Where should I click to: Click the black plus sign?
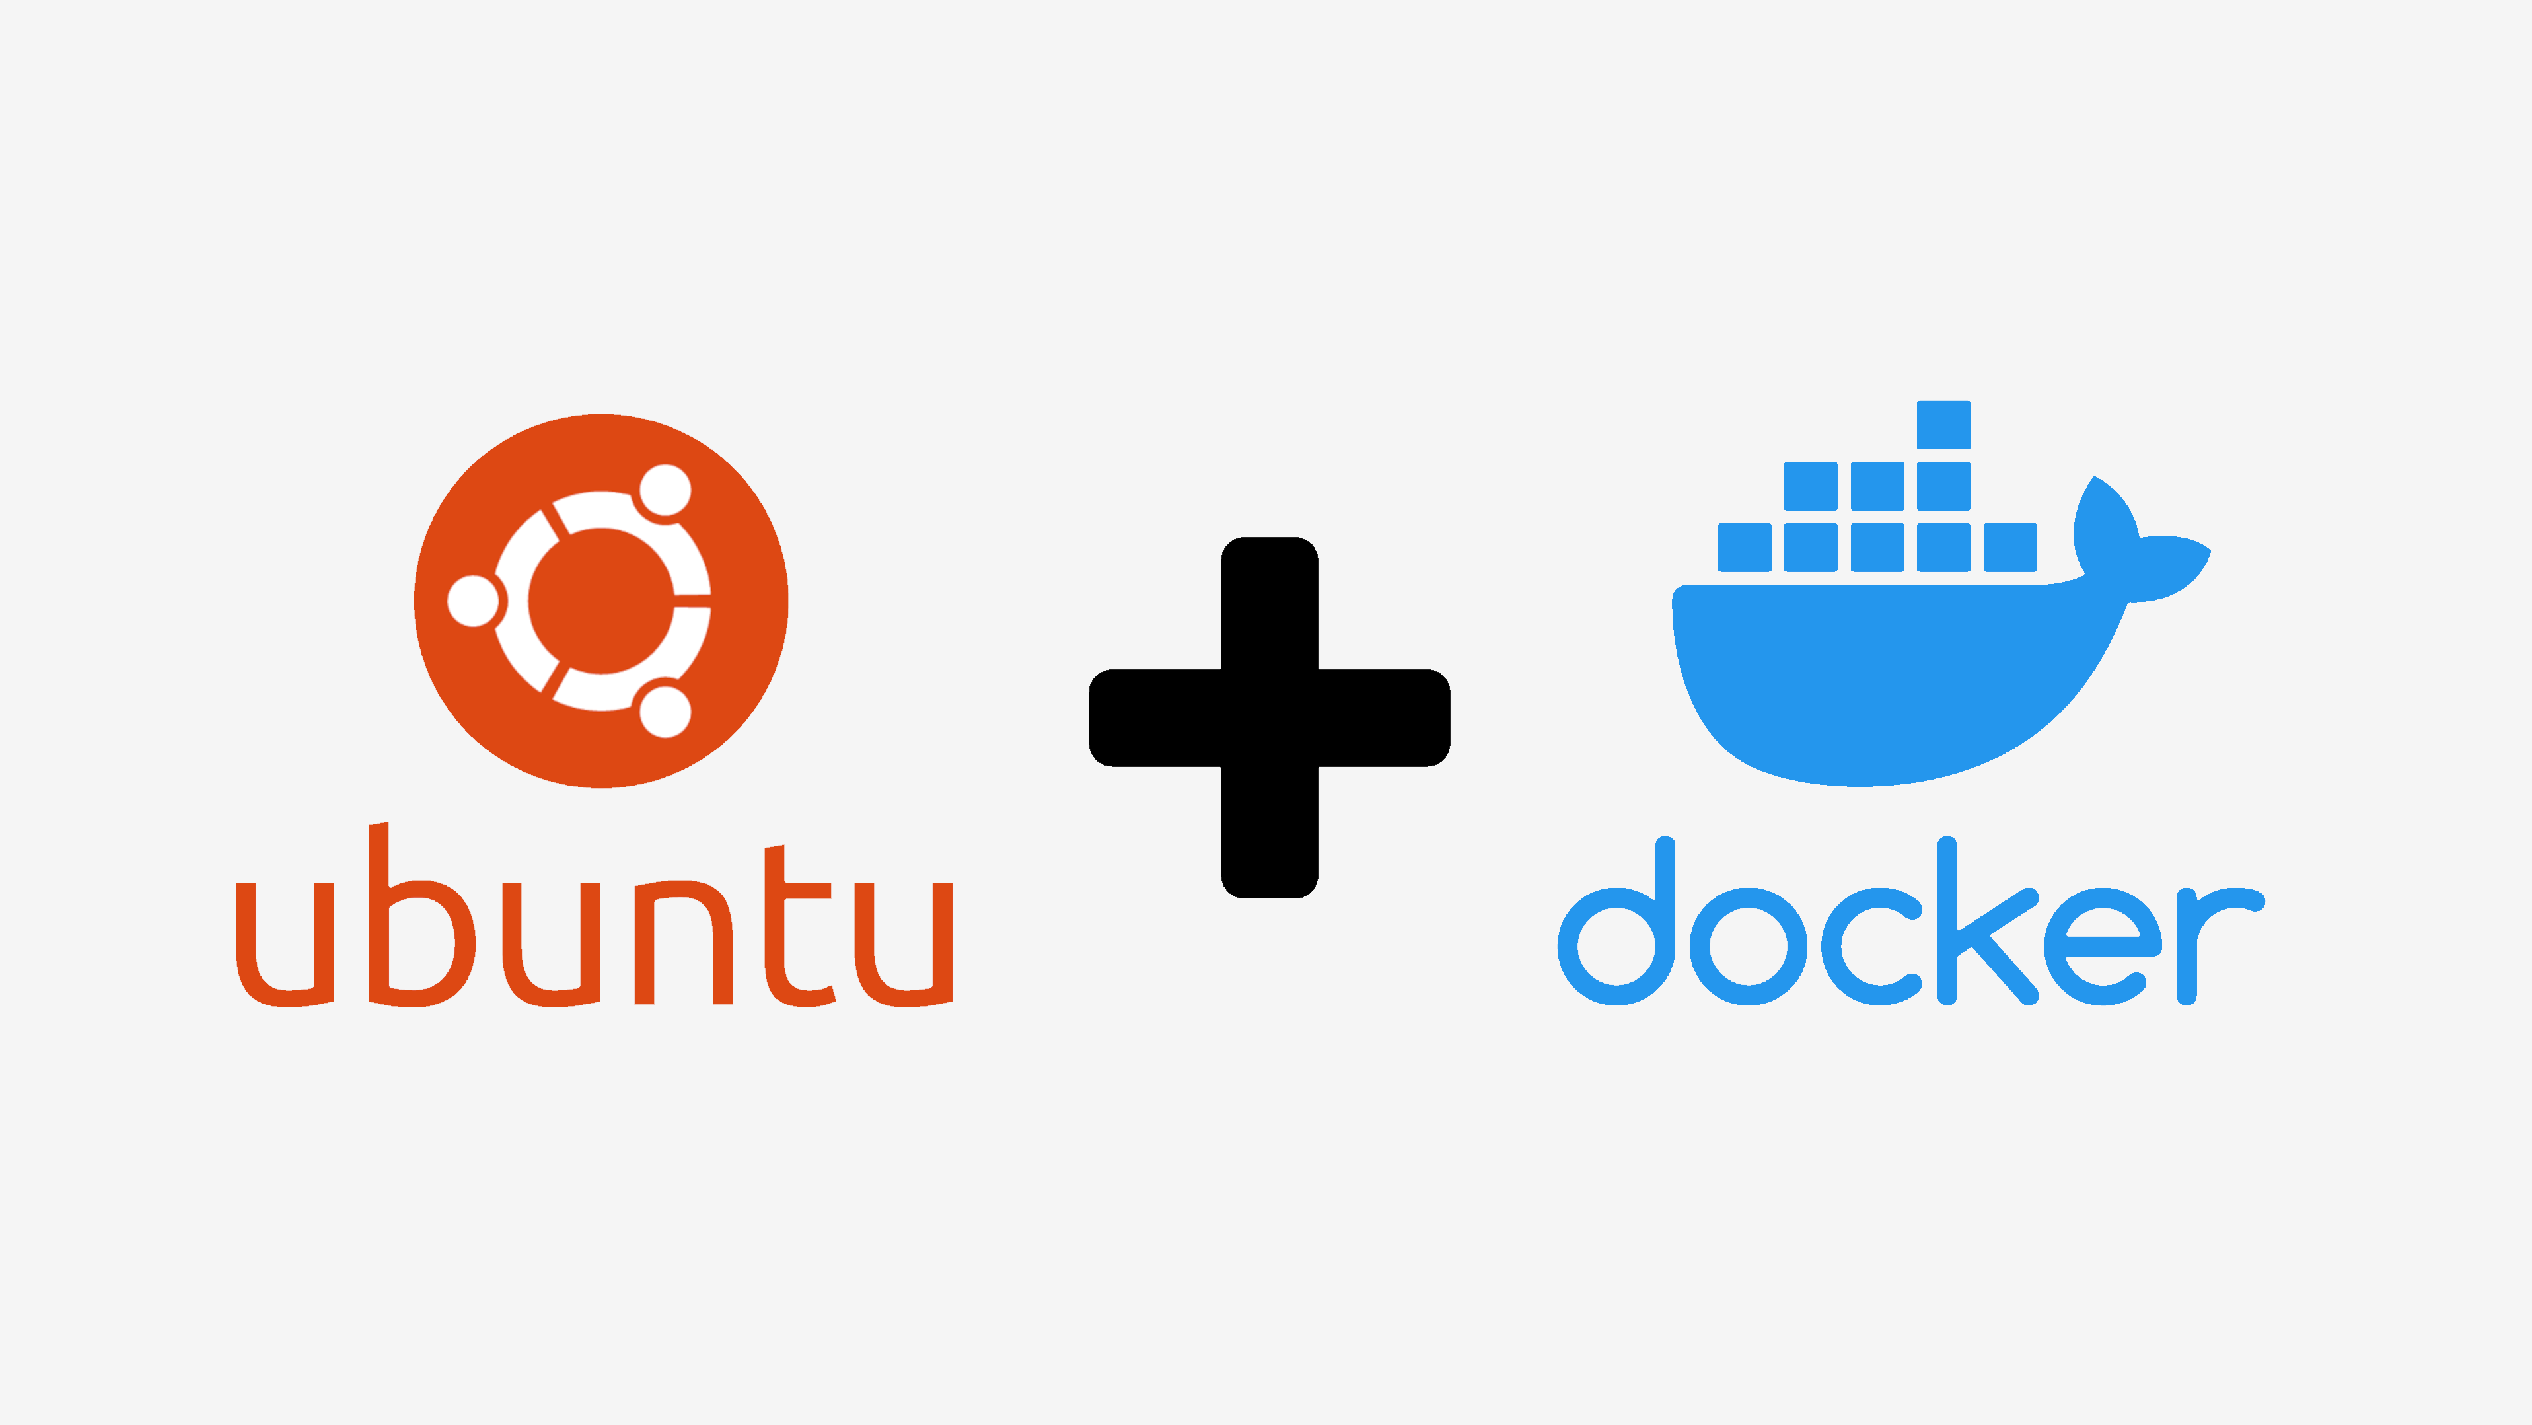pyautogui.click(x=1269, y=717)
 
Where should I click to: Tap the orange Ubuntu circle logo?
pyautogui.click(x=600, y=601)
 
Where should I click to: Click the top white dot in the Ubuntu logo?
pyautogui.click(x=665, y=490)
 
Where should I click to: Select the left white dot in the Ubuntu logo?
pyautogui.click(x=474, y=601)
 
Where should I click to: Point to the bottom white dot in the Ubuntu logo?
pyautogui.click(x=665, y=712)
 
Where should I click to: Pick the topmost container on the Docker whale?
pyautogui.click(x=1943, y=425)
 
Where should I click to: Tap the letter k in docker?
pyautogui.click(x=1986, y=924)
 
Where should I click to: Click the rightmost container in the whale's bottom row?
pyautogui.click(x=2010, y=548)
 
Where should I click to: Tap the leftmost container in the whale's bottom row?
pyautogui.click(x=1745, y=548)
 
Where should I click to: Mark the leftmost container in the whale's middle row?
pyautogui.click(x=1811, y=486)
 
